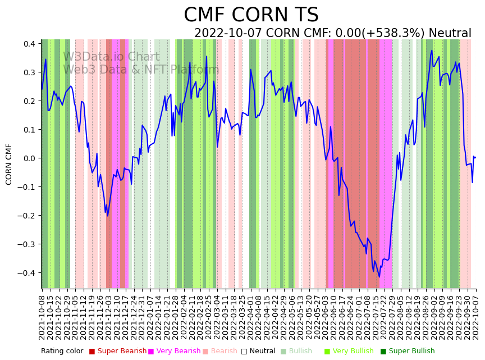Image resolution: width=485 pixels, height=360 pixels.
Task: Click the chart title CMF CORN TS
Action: point(251,15)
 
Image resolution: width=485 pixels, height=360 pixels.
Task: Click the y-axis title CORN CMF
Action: point(9,164)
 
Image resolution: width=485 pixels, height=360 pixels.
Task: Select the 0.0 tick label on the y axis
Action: point(29,158)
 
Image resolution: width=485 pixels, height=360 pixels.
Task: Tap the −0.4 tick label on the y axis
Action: point(27,273)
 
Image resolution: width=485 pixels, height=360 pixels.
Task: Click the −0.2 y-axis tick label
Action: point(27,216)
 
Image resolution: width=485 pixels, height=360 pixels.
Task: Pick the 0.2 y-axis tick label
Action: point(29,101)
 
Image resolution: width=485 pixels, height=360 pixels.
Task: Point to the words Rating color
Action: point(62,351)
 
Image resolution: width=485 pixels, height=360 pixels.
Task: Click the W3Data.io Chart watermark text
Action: point(111,57)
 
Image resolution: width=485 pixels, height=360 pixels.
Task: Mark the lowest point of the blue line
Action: point(379,277)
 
